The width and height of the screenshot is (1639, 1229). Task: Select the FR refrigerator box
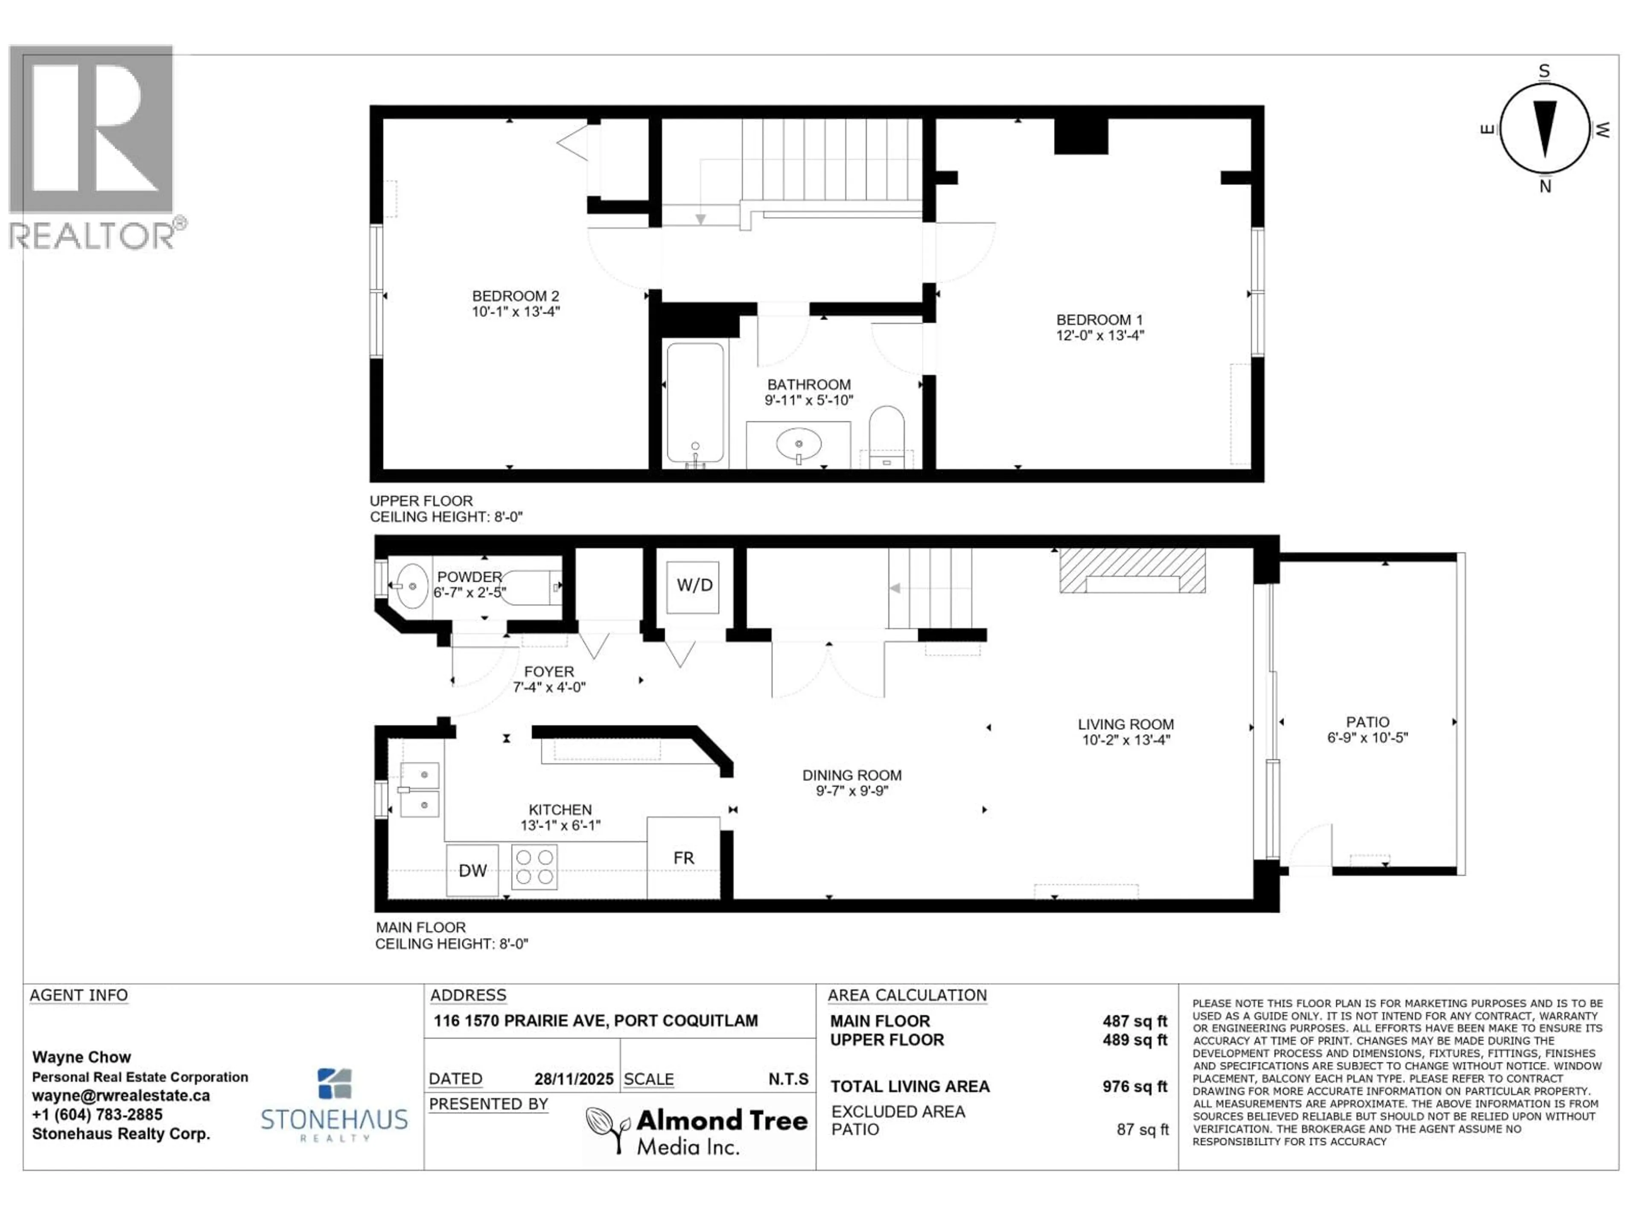(x=683, y=858)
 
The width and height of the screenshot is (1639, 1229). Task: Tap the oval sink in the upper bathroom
(x=798, y=445)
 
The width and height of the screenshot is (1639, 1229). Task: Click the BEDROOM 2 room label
(x=515, y=296)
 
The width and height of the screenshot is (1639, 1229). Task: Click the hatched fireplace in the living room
(x=1132, y=571)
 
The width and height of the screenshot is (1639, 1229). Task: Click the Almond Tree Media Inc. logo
(x=697, y=1130)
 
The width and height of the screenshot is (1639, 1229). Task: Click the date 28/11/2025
(x=574, y=1079)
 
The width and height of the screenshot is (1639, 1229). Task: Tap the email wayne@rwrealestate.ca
(x=121, y=1096)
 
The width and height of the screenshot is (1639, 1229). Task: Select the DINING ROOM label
(x=852, y=775)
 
